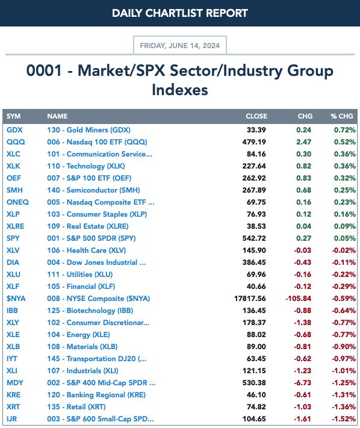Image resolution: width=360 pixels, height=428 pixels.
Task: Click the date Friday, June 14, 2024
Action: (179, 45)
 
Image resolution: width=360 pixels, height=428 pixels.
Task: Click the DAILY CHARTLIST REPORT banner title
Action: (180, 13)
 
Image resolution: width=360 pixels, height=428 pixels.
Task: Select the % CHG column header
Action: (342, 116)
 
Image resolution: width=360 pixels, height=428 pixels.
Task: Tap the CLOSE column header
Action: (256, 116)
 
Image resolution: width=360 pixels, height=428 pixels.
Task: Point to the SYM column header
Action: (14, 116)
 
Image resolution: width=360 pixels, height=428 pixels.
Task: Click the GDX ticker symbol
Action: (14, 130)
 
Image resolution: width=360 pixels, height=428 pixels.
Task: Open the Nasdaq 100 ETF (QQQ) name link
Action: (97, 142)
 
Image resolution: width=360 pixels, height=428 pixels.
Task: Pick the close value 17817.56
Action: (250, 299)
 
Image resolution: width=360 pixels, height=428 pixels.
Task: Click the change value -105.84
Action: (299, 299)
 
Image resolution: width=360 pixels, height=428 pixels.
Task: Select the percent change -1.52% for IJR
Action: (344, 419)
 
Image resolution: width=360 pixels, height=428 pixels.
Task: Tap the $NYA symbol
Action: (16, 299)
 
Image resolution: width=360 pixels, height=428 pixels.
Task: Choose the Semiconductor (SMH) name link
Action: (94, 190)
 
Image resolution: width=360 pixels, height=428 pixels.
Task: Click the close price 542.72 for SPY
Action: (254, 238)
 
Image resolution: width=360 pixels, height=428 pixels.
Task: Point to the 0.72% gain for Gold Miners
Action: (345, 130)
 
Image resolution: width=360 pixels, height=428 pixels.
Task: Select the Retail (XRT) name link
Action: (76, 407)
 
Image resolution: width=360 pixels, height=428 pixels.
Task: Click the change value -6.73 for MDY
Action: (302, 383)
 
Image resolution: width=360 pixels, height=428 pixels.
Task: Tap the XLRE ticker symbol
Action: (16, 226)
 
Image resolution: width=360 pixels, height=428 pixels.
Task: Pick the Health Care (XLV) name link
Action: (87, 250)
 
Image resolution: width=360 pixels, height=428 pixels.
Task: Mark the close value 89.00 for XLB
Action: (256, 347)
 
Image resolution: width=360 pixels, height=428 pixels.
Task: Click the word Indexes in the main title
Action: (180, 90)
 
